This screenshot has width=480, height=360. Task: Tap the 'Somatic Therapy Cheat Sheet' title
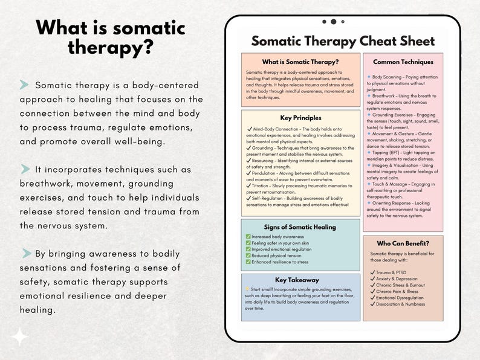343,41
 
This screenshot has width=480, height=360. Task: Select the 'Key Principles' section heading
300,118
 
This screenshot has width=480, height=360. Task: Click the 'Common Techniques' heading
403,62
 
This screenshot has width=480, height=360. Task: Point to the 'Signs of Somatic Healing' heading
300,227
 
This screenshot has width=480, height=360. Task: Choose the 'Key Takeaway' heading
297,280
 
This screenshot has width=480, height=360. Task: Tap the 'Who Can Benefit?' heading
403,243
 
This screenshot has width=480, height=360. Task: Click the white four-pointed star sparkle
20,336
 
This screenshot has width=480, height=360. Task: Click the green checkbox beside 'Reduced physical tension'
248,256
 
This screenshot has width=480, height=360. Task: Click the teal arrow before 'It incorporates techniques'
25,169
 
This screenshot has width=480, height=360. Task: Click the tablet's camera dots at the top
333,22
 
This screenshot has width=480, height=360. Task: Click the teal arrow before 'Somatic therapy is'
25,85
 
